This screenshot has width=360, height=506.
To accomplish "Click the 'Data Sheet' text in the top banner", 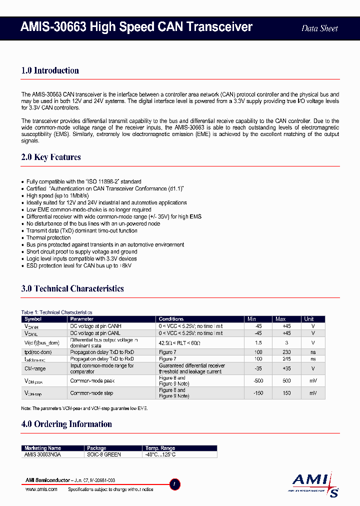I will (319, 28).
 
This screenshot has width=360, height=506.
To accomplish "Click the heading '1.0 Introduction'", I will (50, 70).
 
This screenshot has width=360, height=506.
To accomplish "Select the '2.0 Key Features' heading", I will (51, 157).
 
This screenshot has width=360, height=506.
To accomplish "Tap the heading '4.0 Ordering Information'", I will (66, 424).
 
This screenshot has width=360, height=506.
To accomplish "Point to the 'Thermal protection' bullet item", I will (48, 238).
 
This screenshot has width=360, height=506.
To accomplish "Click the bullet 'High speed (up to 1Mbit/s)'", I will (58, 196).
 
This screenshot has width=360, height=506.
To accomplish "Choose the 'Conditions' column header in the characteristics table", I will (171, 319).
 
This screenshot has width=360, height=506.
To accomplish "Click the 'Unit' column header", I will (309, 319).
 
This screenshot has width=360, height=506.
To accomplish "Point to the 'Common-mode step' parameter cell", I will (91, 393).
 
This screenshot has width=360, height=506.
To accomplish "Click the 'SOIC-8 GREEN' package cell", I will (104, 454).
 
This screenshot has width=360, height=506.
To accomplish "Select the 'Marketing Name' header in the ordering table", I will (43, 448).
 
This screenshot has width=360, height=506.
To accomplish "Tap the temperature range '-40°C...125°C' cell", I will (160, 454).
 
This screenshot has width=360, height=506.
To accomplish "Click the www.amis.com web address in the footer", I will (41, 489).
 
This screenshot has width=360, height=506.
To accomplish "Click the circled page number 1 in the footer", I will (174, 484).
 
